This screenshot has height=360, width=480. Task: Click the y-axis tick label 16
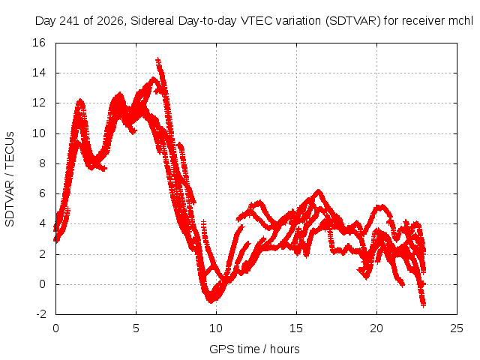(x=39, y=43)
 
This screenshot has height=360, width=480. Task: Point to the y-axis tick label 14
(x=39, y=73)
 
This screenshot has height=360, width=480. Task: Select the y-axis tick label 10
(x=39, y=133)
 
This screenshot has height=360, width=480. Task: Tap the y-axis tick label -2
(x=41, y=314)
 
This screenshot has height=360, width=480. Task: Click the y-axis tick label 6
(x=42, y=193)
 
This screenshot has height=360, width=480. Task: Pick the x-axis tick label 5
(x=136, y=328)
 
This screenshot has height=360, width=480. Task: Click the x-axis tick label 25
(x=457, y=328)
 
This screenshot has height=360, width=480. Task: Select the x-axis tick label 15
(x=296, y=328)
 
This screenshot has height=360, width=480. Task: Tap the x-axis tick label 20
(x=376, y=328)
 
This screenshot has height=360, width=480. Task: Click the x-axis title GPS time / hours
(x=254, y=349)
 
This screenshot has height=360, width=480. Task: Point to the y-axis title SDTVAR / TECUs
(x=10, y=179)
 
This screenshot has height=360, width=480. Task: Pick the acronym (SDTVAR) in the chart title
(x=353, y=21)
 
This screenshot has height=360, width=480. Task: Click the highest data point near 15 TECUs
(x=158, y=59)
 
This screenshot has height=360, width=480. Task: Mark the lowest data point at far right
(x=423, y=305)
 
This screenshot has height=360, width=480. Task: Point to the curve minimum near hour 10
(x=211, y=301)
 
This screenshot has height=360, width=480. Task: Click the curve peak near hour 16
(x=319, y=191)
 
